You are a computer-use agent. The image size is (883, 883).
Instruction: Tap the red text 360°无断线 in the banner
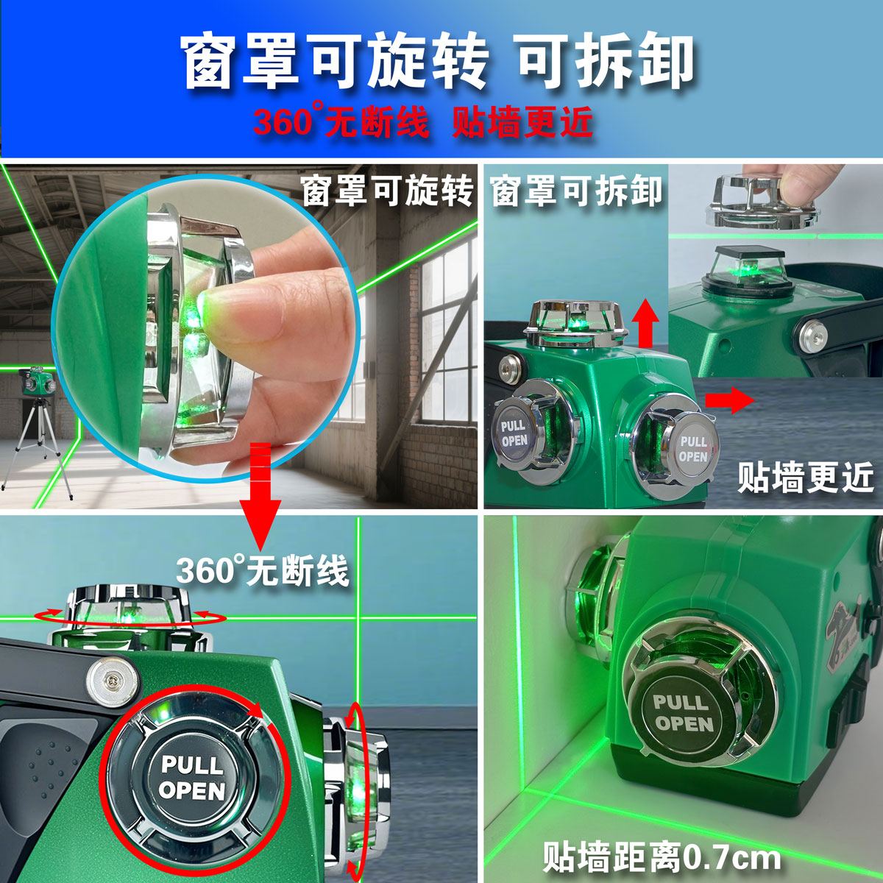click(341, 121)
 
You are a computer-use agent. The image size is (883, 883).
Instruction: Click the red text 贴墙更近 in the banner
click(523, 121)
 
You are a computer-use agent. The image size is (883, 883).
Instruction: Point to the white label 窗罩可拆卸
click(577, 191)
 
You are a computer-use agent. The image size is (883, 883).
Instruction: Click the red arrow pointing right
click(729, 400)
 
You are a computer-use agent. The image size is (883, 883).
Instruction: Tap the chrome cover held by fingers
click(762, 201)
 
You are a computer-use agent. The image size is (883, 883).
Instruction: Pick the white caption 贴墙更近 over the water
click(806, 478)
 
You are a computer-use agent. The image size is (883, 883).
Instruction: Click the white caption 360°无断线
click(263, 571)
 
